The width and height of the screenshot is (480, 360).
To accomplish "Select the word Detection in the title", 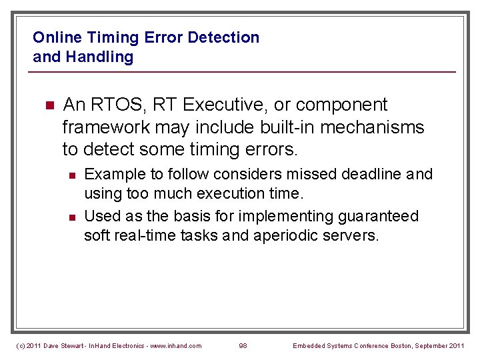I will click(223, 37).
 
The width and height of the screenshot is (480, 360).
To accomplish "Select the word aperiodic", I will click(287, 235).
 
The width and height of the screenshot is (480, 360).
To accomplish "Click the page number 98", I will click(243, 345).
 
